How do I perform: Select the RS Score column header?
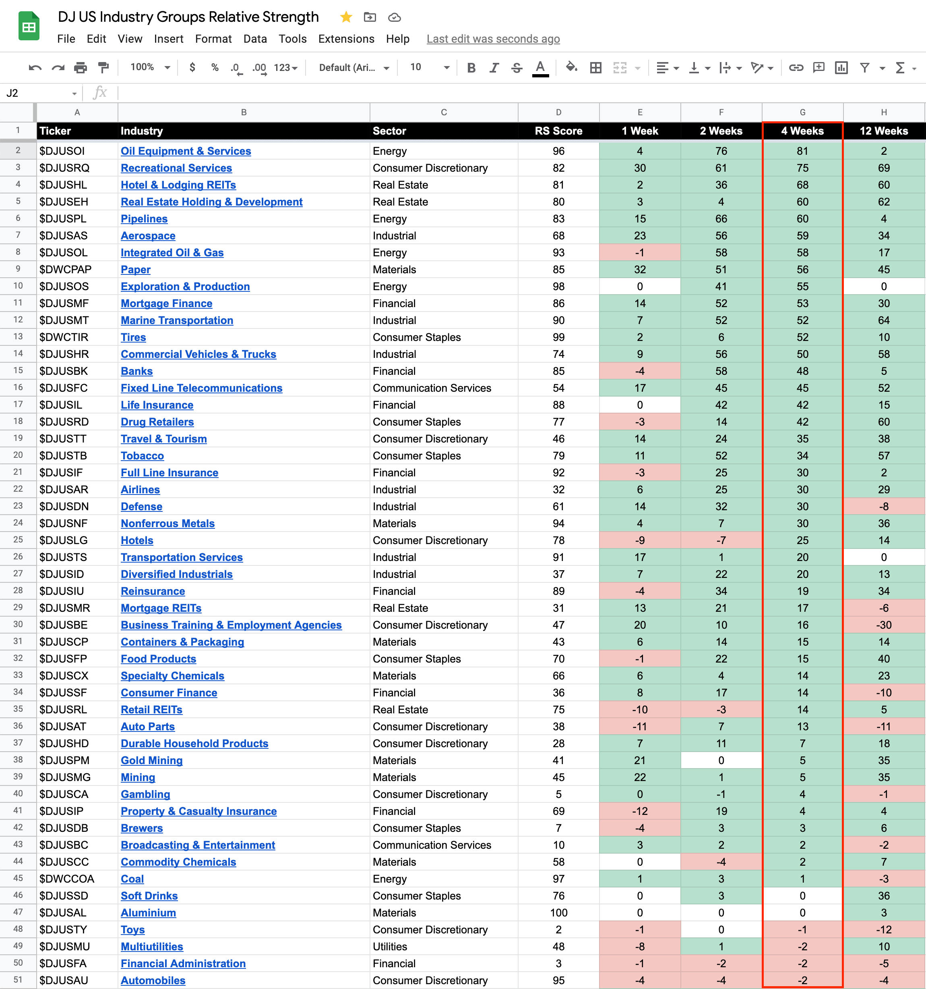[558, 131]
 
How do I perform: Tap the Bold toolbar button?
[471, 68]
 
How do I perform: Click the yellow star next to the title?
[346, 17]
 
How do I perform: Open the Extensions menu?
[346, 39]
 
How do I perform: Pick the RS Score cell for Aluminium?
[558, 913]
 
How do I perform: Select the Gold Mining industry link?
[152, 760]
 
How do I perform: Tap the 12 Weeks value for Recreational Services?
[883, 168]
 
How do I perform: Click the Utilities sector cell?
[390, 947]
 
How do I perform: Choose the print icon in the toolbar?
[81, 68]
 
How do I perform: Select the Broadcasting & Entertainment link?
[198, 845]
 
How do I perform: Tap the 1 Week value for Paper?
[639, 270]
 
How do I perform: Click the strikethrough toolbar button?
[517, 68]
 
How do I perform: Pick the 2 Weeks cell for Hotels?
[721, 540]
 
